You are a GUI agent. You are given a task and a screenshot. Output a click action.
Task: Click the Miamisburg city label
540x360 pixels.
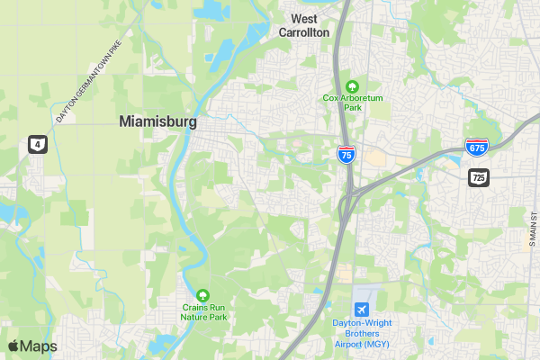click(x=157, y=122)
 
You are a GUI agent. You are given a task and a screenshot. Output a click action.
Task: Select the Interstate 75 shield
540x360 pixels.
click(x=346, y=154)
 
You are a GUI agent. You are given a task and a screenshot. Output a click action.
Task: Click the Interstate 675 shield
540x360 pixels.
click(x=476, y=148)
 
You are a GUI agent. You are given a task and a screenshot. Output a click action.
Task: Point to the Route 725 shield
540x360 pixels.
click(x=478, y=177)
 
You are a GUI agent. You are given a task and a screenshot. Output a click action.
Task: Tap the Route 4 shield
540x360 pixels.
click(x=36, y=143)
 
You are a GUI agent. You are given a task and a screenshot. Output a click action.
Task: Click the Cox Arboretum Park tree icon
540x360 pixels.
click(x=352, y=85)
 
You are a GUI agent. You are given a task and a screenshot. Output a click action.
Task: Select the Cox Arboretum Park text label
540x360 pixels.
click(x=352, y=102)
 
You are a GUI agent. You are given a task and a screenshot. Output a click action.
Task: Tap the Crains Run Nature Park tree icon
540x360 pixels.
click(x=202, y=294)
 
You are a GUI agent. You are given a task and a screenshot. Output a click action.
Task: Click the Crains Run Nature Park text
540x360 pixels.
click(x=202, y=311)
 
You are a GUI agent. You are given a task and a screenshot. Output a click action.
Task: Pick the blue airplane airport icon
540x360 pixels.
click(x=362, y=310)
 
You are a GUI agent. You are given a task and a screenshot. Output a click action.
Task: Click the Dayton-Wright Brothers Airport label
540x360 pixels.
click(x=362, y=333)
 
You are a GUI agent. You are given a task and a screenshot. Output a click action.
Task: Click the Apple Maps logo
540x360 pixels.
click(x=32, y=346)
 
